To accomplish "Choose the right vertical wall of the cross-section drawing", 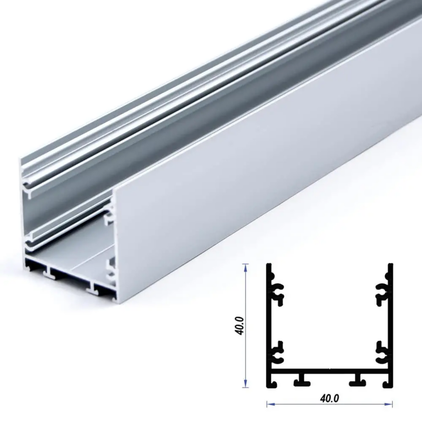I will pyautogui.click(x=390, y=321).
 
